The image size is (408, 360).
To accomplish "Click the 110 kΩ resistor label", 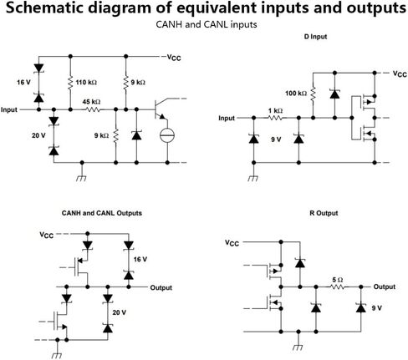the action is (x=86, y=83).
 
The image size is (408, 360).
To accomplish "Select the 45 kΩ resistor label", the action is (x=91, y=102).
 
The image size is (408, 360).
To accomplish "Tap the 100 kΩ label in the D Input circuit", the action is (x=296, y=93).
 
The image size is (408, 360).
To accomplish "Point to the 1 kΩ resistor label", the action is (x=275, y=111).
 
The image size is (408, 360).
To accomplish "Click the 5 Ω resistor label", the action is (x=338, y=280).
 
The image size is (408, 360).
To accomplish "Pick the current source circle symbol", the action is (x=167, y=135).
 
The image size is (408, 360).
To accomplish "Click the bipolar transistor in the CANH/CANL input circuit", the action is (x=160, y=109).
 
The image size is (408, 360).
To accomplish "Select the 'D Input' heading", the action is (x=315, y=37).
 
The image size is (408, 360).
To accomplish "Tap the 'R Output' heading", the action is (x=324, y=213).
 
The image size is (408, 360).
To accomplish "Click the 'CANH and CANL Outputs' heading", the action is (x=102, y=213).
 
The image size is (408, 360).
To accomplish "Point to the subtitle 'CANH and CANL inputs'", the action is (x=207, y=24).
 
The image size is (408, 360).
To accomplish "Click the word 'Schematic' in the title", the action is (x=44, y=8).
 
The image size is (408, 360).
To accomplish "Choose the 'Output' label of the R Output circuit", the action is (x=385, y=286).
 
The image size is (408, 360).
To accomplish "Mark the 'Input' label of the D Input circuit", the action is (x=227, y=118).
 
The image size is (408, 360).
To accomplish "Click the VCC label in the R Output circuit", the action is (x=232, y=243).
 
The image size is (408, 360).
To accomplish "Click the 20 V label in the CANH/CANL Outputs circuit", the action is (x=120, y=312).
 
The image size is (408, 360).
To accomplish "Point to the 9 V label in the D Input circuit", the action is (x=276, y=139).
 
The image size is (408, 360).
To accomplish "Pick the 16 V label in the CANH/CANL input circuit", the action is (x=23, y=83).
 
